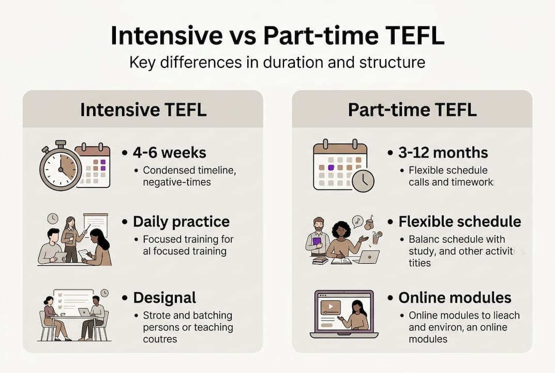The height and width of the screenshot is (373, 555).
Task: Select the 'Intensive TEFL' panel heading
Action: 143,110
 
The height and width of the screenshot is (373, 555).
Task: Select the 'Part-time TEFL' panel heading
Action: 412,110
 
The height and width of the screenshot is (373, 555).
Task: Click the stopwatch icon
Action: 61,166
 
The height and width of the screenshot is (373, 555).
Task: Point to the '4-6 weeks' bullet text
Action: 170,153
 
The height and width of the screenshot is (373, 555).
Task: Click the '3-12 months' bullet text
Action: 443,153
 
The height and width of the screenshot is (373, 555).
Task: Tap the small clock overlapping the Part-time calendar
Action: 363,181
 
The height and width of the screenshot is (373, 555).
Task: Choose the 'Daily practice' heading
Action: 181,222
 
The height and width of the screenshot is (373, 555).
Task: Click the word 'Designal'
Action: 164,298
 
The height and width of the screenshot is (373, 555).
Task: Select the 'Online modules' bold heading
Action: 455,298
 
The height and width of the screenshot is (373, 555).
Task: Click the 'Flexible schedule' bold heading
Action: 459,222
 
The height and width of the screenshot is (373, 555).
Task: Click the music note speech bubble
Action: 357,221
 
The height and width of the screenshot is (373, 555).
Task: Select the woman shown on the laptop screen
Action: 358,316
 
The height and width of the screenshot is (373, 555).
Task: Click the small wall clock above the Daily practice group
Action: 52,219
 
